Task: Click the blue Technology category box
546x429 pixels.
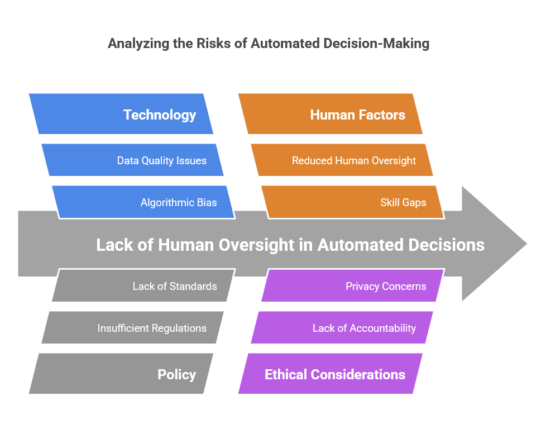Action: tap(121, 114)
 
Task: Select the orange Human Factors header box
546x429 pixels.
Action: tap(331, 114)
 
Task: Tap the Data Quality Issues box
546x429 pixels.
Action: tap(132, 160)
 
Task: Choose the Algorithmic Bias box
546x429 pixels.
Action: tap(143, 202)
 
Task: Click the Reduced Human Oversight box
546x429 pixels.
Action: tap(342, 160)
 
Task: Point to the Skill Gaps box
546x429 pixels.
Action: tap(353, 202)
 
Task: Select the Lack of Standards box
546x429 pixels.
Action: tap(143, 285)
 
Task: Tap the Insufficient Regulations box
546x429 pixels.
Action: tap(132, 327)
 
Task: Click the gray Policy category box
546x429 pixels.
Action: tap(121, 374)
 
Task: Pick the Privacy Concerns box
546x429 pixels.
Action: tap(353, 285)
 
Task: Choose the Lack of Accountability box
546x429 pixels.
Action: tap(342, 327)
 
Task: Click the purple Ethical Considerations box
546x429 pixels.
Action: tap(331, 374)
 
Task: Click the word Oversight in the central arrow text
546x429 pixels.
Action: tap(257, 245)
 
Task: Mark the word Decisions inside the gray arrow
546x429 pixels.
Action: tap(447, 245)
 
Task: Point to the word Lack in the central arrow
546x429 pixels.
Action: tap(114, 245)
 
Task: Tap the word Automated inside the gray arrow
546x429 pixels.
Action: tap(361, 245)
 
